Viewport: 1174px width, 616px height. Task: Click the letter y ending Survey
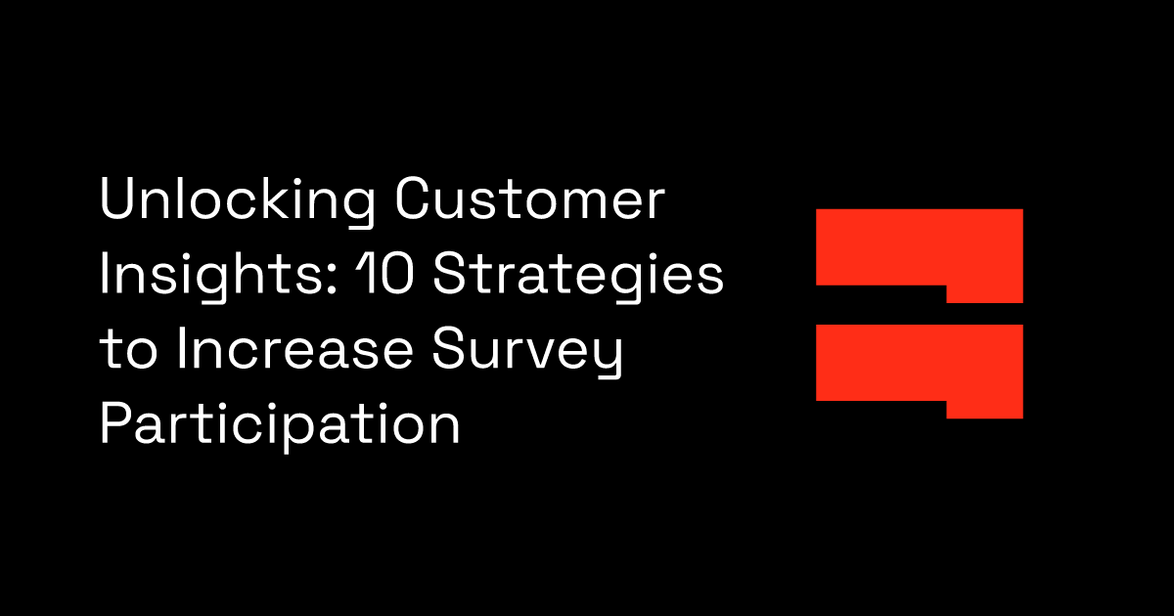608,357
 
